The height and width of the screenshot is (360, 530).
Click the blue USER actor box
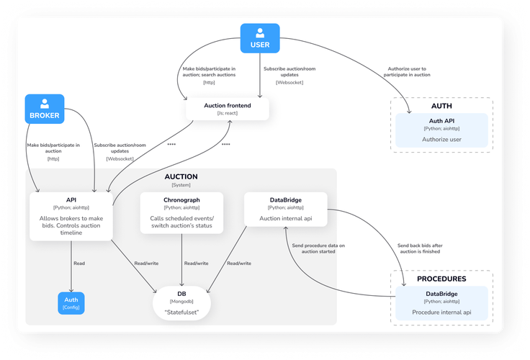[x=259, y=38]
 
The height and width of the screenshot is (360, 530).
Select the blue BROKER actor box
[x=44, y=108]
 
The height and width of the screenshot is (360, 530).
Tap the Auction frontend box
[x=228, y=109]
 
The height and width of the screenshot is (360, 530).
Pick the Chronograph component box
[x=181, y=212]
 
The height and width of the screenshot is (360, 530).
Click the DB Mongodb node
[x=181, y=302]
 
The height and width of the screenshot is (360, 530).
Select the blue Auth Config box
[x=71, y=302]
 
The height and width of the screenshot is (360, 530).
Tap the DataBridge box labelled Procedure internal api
[x=441, y=302]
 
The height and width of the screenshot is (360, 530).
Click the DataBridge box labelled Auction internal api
[x=285, y=207]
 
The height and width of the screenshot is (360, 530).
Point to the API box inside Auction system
[x=71, y=215]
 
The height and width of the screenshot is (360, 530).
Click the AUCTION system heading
[x=181, y=176]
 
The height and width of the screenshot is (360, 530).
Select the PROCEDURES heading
[x=441, y=279]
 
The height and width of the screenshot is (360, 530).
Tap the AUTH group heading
[x=441, y=106]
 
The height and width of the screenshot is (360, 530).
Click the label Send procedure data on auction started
[x=318, y=248]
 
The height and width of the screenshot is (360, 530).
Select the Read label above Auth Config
[x=78, y=263]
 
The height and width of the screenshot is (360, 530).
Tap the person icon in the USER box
[x=259, y=32]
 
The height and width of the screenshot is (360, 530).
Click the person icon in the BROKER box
[x=44, y=102]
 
